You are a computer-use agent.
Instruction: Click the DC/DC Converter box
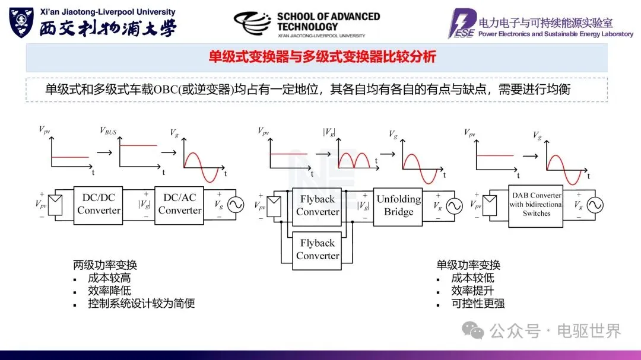[99, 204]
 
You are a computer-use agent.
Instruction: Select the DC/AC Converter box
[179, 204]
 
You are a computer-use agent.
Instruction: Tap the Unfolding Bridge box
[398, 205]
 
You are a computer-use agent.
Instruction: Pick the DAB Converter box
[537, 205]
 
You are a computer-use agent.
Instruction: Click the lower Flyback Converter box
[318, 249]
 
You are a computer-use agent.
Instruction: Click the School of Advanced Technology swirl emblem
[253, 24]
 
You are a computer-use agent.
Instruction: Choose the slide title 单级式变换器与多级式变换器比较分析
[322, 57]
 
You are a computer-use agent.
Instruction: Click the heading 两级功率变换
[105, 265]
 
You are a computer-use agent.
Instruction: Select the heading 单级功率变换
[468, 265]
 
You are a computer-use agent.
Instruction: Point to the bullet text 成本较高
[109, 278]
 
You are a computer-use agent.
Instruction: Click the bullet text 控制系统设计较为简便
[141, 304]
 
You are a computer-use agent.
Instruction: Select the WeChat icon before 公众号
[474, 330]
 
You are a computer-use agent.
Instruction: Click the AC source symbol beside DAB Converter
[594, 205]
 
